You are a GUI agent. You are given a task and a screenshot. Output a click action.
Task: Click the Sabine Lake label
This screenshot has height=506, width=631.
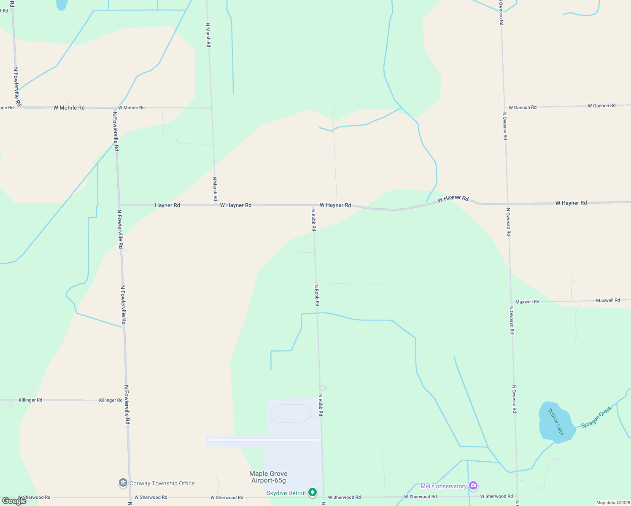click(555, 422)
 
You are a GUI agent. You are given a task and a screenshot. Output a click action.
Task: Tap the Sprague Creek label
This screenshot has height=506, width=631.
click(596, 417)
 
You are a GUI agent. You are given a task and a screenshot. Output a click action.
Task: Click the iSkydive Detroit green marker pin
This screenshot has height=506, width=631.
click(313, 493)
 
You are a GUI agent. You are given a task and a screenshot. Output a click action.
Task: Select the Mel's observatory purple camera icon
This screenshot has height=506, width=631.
click(473, 486)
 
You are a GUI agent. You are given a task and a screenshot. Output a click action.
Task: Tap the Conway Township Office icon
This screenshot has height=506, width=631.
click(123, 483)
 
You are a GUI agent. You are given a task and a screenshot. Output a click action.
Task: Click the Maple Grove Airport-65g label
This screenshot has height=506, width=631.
click(268, 477)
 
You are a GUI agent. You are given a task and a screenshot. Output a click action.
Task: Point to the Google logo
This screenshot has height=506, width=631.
click(14, 501)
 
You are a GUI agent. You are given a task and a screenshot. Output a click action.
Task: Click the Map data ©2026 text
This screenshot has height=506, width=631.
click(612, 503)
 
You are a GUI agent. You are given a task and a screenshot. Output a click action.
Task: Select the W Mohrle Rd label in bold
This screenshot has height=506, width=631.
click(69, 108)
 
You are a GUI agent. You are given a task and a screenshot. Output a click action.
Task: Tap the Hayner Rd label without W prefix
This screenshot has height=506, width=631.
click(167, 205)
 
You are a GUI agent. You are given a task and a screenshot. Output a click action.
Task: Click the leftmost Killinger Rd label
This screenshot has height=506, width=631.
click(30, 400)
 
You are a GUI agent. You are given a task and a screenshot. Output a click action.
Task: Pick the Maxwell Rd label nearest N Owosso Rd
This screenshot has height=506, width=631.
click(527, 301)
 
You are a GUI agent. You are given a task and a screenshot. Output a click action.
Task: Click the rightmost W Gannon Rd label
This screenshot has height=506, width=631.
click(601, 105)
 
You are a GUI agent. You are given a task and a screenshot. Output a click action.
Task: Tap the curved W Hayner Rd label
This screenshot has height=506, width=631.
click(453, 198)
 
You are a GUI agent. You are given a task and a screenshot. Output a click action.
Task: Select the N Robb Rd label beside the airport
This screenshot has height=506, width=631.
click(321, 405)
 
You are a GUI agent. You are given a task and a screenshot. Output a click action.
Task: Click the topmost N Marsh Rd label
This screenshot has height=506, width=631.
click(208, 35)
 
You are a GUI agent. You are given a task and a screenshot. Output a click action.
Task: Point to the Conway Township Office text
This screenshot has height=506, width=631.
click(162, 483)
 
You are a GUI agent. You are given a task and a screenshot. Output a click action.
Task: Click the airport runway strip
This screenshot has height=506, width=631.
click(264, 440)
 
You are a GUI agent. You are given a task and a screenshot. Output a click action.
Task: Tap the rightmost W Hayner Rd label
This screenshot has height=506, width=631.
click(571, 203)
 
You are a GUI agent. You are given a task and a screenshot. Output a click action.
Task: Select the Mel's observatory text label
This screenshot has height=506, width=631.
click(444, 486)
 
